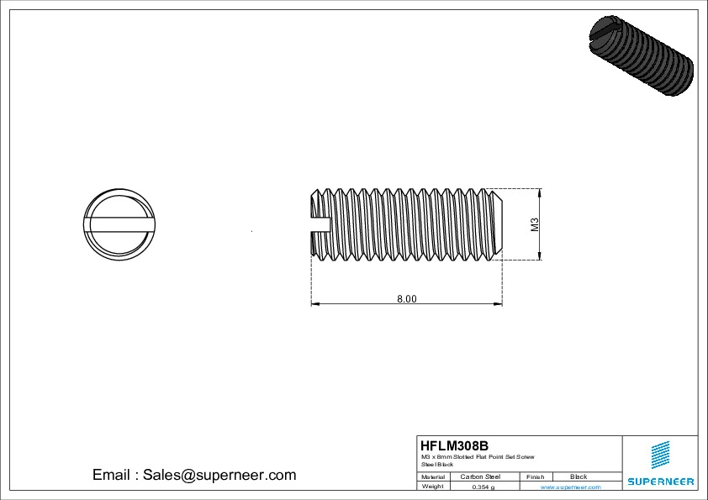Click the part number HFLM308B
[454, 445]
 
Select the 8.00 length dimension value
[407, 298]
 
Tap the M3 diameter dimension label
[534, 224]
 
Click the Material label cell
[433, 476]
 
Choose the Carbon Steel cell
[480, 476]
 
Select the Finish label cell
[535, 476]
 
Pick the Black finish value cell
[579, 476]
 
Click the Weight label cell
[433, 487]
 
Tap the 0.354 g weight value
[483, 487]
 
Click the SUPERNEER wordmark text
[660, 482]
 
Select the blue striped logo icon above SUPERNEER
[660, 455]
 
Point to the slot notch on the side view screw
[320, 224]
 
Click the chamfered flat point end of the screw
[499, 224]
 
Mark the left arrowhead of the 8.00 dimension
[314, 303]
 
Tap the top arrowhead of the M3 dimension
[539, 192]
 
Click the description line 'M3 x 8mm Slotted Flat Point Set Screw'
[478, 456]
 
